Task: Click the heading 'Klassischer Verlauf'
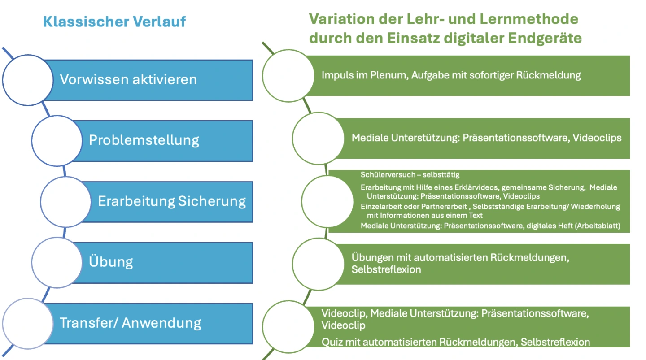pos(114,22)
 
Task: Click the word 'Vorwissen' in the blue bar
pos(94,79)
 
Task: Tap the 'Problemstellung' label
pos(144,140)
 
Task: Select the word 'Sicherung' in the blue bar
pos(212,201)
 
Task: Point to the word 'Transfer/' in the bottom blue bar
pos(88,323)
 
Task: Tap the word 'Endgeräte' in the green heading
pos(545,39)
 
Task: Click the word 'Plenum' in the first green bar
pos(389,75)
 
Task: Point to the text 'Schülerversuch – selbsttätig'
pos(410,175)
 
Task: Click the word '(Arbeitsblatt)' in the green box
pos(597,226)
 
